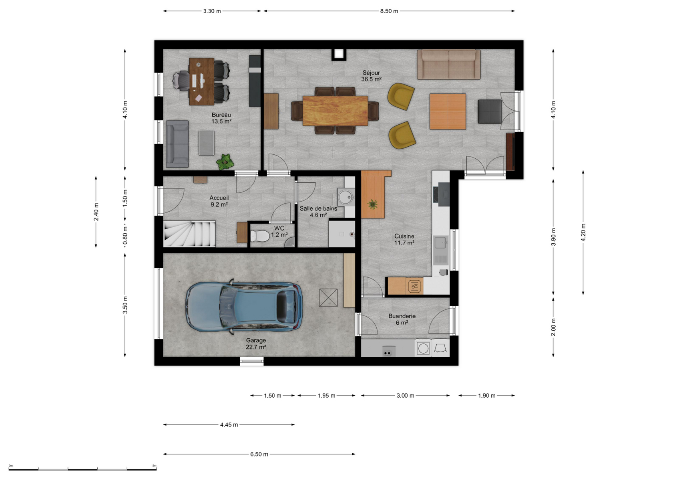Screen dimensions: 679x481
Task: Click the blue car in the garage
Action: pos(244,307)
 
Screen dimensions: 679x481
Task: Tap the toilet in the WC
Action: pos(260,236)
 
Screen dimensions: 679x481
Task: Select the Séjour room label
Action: pos(371,76)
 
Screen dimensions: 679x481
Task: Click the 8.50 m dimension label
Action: pos(389,11)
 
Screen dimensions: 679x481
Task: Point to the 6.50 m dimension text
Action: pos(259,454)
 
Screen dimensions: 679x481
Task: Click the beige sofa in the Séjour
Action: pos(449,65)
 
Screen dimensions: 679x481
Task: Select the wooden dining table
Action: pos(335,111)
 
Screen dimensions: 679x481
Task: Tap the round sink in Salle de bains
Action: pos(346,197)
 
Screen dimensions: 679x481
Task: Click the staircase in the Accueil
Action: pos(189,233)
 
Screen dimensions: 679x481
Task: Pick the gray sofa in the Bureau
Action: pos(177,144)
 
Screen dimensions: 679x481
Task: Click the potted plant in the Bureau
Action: pos(225,162)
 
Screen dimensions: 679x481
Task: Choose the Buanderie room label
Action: pos(402,319)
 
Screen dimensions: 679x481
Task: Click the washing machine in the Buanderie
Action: pos(423,348)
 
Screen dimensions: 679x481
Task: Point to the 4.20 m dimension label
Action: pos(583,232)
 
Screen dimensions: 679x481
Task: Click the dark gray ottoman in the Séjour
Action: pos(490,111)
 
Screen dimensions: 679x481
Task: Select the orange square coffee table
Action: pos(448,111)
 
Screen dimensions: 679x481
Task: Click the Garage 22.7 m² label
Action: pos(256,344)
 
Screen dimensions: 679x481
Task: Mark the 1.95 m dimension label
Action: pos(326,396)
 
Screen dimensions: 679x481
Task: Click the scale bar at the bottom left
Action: pos(82,469)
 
